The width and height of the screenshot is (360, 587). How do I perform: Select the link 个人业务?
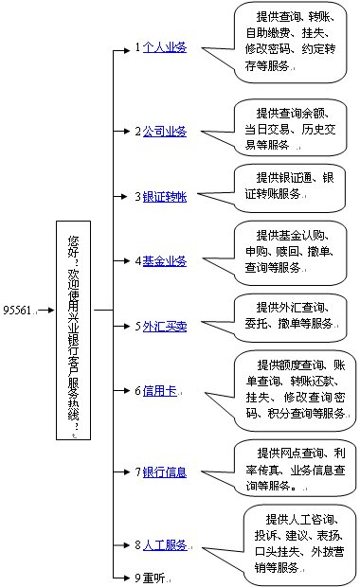point(165,46)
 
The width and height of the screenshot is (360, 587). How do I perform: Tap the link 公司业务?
point(165,132)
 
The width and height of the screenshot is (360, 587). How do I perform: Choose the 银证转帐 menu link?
point(165,196)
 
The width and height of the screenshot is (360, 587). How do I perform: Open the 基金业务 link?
point(165,260)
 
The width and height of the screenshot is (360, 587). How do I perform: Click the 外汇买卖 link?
point(165,326)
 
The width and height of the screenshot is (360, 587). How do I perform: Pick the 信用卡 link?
point(159,390)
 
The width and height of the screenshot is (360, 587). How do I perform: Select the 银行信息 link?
point(165,471)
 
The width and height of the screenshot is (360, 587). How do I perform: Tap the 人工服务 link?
point(165,545)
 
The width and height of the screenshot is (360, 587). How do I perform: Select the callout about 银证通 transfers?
point(294,185)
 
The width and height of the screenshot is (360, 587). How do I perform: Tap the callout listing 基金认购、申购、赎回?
point(294,251)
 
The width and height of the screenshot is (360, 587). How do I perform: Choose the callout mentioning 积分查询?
point(294,388)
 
